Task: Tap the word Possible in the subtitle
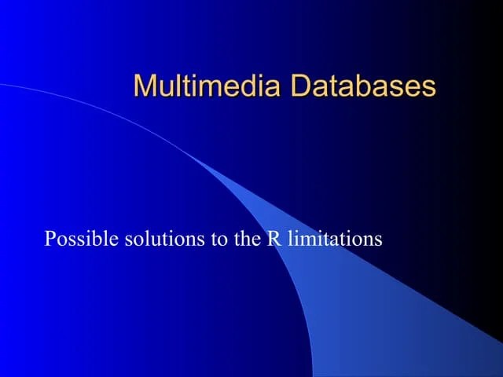[x=82, y=238]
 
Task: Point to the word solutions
[x=165, y=238]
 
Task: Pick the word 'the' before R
[x=247, y=238]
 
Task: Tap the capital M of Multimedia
[x=145, y=86]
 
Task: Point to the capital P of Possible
[x=51, y=238]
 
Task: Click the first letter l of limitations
[x=290, y=238]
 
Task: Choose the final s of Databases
[x=428, y=87]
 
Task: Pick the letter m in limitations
[x=306, y=240]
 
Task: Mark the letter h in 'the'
[x=246, y=238]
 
